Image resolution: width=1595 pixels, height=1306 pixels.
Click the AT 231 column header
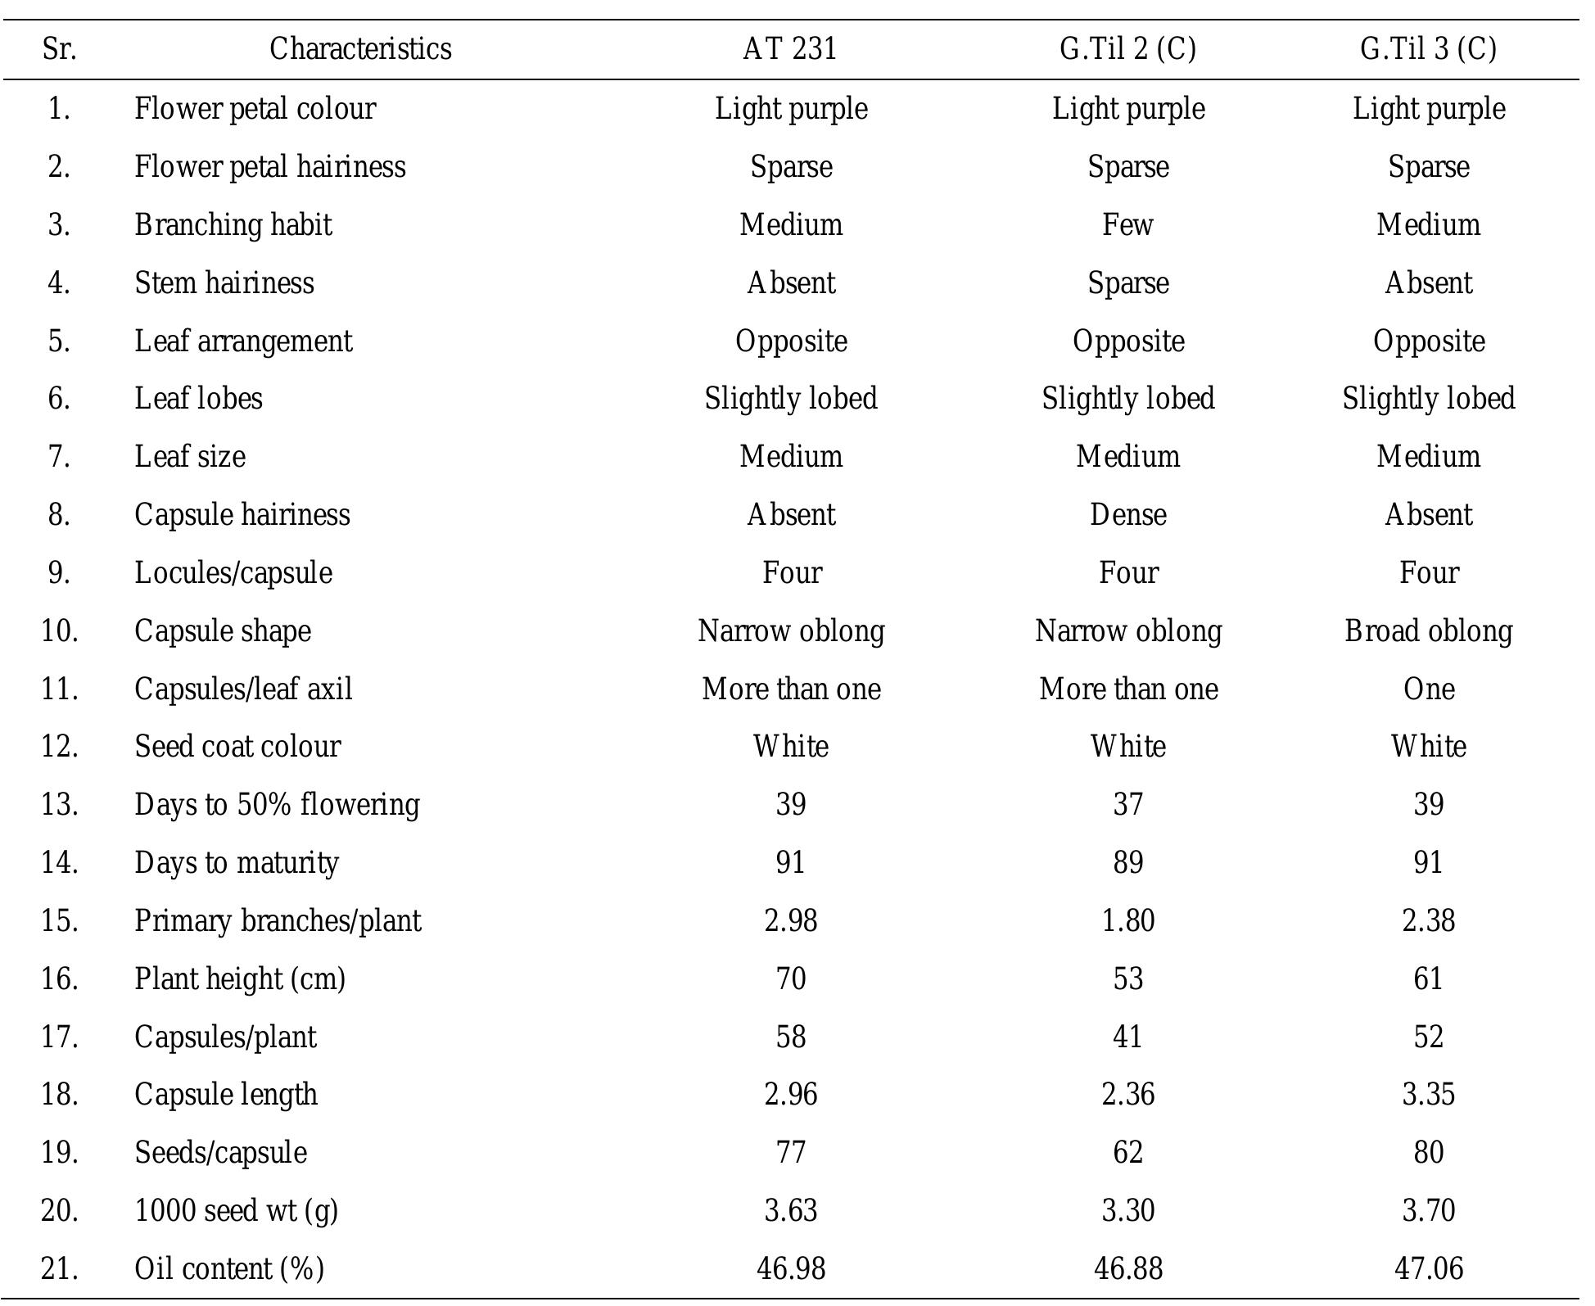coord(790,49)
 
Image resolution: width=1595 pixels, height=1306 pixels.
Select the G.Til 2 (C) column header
coord(1127,49)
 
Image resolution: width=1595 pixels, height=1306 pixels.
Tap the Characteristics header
coord(360,49)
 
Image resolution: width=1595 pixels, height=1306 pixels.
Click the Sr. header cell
coord(59,49)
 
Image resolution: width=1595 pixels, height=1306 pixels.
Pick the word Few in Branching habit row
coord(1127,224)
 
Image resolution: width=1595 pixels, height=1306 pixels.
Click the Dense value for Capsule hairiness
coord(1127,514)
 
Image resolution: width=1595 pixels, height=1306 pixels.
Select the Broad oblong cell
coord(1428,630)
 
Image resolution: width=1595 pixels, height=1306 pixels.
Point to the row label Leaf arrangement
coord(243,341)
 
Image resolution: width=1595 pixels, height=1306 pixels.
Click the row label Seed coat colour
coord(237,746)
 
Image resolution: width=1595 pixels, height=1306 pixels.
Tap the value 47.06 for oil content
coord(1428,1268)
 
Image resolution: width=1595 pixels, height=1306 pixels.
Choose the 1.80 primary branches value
coord(1127,920)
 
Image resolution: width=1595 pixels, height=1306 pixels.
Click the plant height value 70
coord(790,978)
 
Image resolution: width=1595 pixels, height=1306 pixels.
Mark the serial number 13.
coord(59,804)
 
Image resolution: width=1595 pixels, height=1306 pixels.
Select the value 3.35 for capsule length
coord(1428,1094)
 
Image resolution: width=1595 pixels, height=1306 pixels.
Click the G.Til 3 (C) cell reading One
coord(1428,689)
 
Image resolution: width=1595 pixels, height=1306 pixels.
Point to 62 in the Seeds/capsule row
coord(1127,1152)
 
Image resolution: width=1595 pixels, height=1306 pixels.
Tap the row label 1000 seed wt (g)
coord(236,1210)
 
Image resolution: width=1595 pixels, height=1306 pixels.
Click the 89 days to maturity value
coord(1127,862)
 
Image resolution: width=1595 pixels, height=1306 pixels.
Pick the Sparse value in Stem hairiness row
coord(1127,282)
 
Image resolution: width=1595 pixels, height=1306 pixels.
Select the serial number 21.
coord(59,1268)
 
